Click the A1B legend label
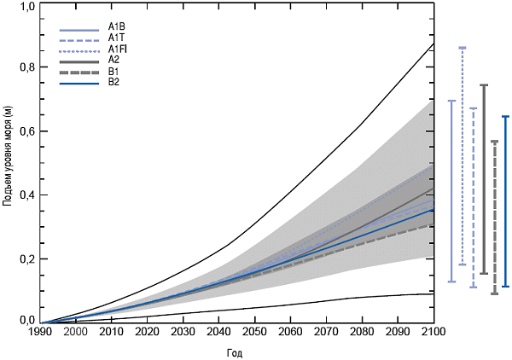point(117,27)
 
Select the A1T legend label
point(117,38)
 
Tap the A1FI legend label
point(118,49)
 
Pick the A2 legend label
point(115,61)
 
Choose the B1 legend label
point(115,72)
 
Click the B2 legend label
point(115,83)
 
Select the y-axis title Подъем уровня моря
point(8,162)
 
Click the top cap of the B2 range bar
point(505,117)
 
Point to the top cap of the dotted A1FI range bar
point(462,48)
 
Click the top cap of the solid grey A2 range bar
point(484,85)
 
